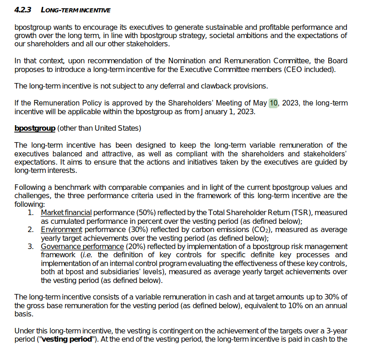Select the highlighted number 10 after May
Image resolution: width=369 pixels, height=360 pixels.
coord(273,103)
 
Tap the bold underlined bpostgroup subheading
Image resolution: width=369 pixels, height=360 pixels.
coord(35,128)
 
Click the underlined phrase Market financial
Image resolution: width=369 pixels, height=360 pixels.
coord(66,212)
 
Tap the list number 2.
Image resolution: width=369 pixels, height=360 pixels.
coord(30,229)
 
